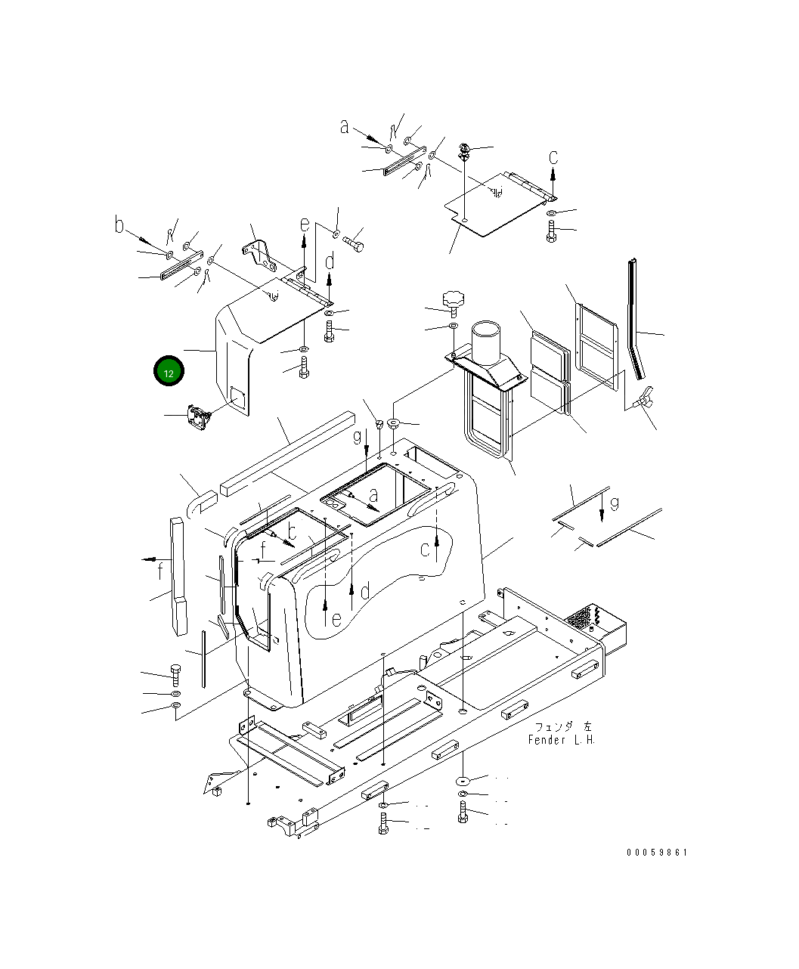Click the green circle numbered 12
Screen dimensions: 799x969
point(169,371)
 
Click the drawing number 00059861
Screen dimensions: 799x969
point(656,852)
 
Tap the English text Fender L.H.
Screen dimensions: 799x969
point(562,740)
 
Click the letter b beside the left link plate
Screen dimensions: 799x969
point(119,224)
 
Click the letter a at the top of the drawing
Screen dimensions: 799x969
point(344,127)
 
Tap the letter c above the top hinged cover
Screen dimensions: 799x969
point(553,157)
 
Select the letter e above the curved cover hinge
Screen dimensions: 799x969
point(305,224)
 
